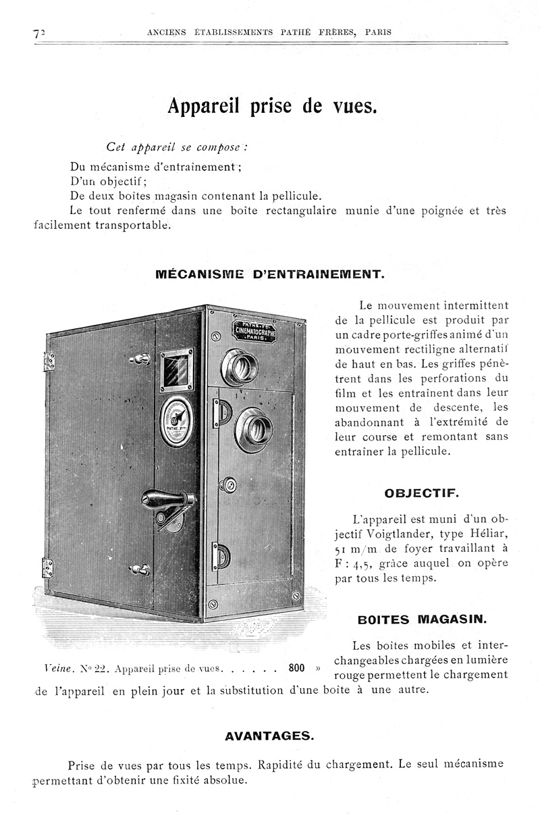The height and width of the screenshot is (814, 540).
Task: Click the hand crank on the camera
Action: [x=169, y=501]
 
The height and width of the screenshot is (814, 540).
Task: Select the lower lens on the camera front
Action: [x=254, y=428]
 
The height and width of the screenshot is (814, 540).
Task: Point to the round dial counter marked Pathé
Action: [x=176, y=421]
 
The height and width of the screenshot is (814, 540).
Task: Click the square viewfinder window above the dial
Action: [x=176, y=370]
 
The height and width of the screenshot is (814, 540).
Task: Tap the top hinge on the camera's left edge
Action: [x=49, y=361]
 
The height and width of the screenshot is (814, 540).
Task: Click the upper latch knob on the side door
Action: [x=141, y=359]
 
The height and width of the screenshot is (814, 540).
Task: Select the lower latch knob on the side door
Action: [x=140, y=569]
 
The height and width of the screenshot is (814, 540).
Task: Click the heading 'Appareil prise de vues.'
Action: [x=271, y=107]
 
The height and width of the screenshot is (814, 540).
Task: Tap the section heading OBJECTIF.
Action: [x=421, y=493]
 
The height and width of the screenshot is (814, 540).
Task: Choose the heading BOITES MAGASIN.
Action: [x=421, y=619]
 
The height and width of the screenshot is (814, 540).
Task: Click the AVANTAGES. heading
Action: [x=269, y=736]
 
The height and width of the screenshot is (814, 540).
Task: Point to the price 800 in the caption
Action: [x=297, y=668]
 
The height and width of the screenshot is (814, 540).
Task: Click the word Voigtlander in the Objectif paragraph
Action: [x=398, y=534]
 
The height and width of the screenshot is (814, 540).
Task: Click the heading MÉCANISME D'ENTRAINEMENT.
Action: [x=270, y=275]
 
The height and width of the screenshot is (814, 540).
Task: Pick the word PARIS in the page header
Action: [x=377, y=32]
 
